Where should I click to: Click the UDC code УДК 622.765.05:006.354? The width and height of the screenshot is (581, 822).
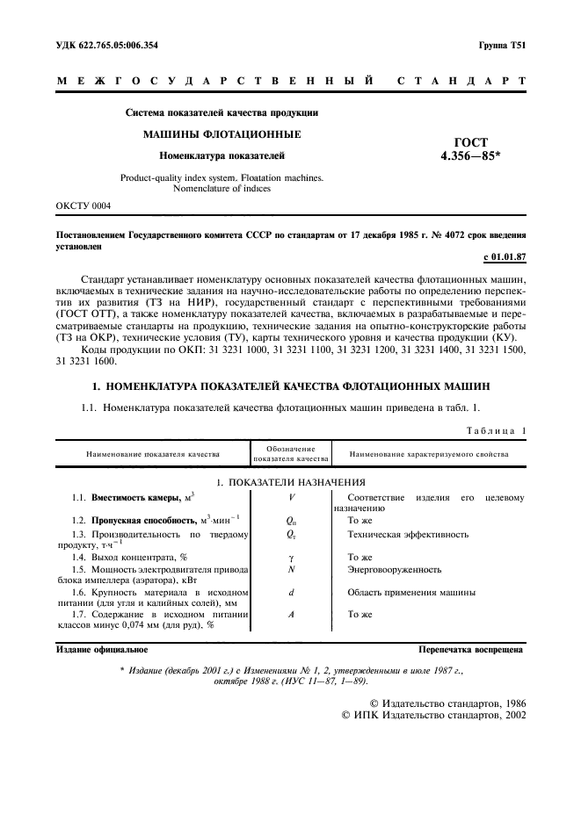[107, 44]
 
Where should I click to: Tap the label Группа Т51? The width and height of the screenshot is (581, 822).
[502, 44]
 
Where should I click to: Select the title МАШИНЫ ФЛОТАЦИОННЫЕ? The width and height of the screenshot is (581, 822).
[222, 134]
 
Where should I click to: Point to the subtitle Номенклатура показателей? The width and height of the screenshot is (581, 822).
[222, 155]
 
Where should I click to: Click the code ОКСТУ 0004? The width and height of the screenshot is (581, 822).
[84, 205]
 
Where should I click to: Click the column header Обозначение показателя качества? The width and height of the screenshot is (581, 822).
[291, 453]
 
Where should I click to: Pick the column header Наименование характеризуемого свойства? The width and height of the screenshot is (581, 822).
[429, 454]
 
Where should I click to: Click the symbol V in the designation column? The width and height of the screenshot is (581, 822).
[291, 498]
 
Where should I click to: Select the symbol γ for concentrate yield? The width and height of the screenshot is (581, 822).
[291, 557]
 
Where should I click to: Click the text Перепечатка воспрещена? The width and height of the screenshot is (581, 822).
[471, 651]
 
